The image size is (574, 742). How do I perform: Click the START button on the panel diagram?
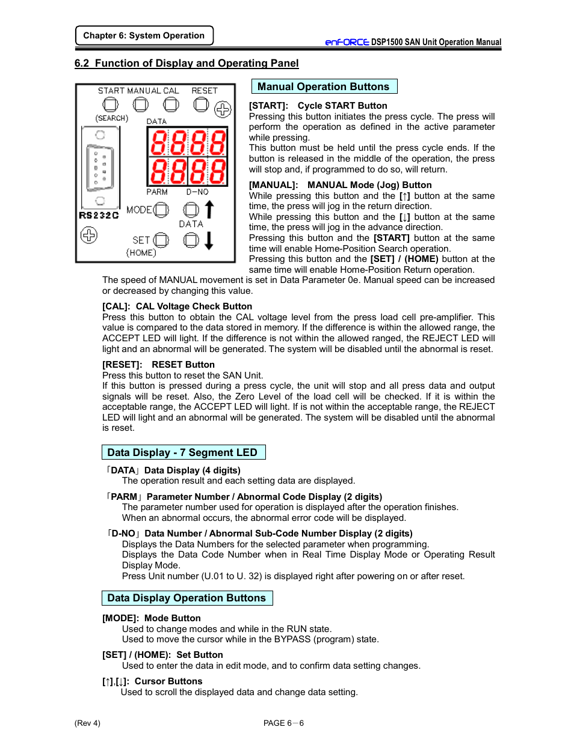tap(111, 105)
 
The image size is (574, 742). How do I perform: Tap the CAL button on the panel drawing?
tap(171, 105)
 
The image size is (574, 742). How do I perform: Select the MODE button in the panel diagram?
tap(161, 210)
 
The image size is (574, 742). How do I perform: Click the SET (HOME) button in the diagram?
tap(161, 240)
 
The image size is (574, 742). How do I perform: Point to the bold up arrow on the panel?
tap(209, 209)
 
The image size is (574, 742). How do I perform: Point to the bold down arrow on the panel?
tap(209, 240)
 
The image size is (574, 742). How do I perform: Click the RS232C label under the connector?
tap(99, 215)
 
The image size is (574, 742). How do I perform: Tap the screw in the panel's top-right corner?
tap(223, 109)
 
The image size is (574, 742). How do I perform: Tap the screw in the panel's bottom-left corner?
tap(89, 235)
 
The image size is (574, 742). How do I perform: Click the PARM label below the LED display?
tap(157, 192)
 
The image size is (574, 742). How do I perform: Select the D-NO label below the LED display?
tap(197, 192)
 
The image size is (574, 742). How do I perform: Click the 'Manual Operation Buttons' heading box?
tap(324, 87)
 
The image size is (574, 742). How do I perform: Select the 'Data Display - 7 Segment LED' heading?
tap(183, 452)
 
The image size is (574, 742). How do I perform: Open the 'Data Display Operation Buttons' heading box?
tap(187, 598)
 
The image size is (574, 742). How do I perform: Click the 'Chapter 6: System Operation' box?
tap(144, 35)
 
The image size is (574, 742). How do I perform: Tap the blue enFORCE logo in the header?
tap(347, 42)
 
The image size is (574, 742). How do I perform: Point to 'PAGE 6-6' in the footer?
tap(283, 723)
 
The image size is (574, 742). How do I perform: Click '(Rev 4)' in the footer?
tap(87, 723)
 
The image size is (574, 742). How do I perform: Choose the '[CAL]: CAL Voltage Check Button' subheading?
tap(177, 306)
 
